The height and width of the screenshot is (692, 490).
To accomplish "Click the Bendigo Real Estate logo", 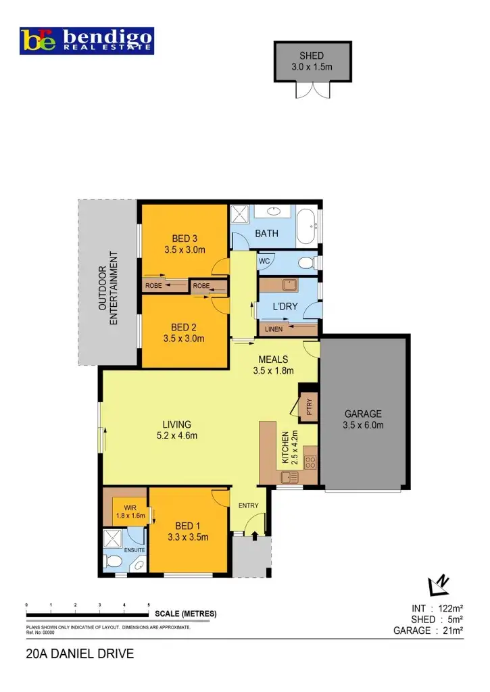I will click(x=87, y=41).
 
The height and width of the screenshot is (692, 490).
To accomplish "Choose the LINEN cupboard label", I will click(x=274, y=329).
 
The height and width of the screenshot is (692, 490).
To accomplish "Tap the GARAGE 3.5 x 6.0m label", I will click(x=364, y=419).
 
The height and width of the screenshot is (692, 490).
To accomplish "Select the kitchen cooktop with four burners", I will click(x=312, y=462).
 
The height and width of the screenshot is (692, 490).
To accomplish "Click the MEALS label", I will click(x=270, y=365).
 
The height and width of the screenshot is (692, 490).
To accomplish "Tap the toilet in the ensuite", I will click(x=113, y=562).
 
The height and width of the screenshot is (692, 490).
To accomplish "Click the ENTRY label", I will click(x=249, y=505).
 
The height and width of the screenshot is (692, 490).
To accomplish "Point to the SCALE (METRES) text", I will click(x=186, y=614).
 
